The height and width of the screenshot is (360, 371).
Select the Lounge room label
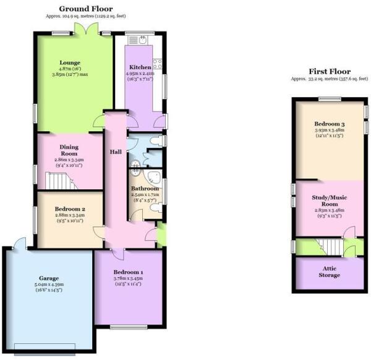(x=70, y=62)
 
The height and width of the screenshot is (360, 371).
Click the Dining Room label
(x=69, y=150)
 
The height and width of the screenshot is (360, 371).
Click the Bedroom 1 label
(x=128, y=272)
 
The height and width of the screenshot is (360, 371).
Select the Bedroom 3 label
(x=329, y=124)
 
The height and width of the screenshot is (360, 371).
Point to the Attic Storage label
(x=329, y=272)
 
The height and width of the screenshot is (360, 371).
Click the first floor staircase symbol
(x=325, y=246)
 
